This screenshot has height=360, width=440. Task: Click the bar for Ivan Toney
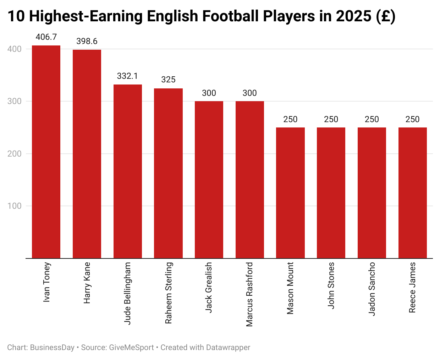pos(46,152)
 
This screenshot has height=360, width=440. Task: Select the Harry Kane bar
pos(87,154)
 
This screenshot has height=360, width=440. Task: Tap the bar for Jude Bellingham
pos(128,171)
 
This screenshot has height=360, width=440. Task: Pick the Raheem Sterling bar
pos(168,173)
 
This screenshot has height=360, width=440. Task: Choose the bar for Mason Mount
pos(290,193)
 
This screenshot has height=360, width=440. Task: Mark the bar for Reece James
pos(412,193)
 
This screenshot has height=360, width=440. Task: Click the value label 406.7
pos(46,37)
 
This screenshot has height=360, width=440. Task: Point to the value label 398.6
pos(87,41)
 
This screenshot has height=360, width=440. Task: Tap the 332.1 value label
pos(127,76)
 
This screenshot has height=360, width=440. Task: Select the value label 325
pos(168,80)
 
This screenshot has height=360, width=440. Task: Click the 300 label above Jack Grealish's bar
pos(209,93)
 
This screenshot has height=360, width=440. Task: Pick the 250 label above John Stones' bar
pos(331,119)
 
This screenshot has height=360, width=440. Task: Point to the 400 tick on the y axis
pos(15,49)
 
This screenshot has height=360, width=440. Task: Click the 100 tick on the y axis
pos(15,206)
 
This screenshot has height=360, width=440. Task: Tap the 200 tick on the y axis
pos(15,154)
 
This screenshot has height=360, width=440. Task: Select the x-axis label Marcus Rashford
pos(249,294)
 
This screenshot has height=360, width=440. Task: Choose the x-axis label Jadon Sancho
pos(372,289)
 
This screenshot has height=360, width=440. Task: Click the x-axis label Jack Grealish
pos(209,287)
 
